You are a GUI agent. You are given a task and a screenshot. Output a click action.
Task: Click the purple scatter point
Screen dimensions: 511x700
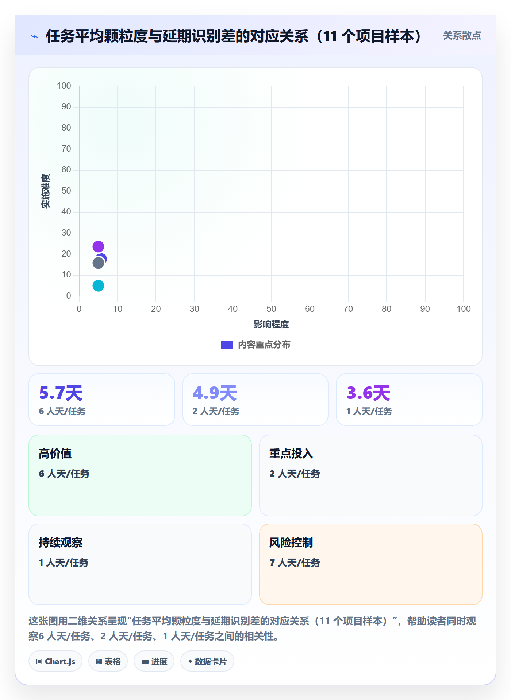coord(98,246)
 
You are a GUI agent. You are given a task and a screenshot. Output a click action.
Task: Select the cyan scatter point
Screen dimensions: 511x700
coord(98,285)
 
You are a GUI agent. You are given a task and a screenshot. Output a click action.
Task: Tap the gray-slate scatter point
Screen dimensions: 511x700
coord(98,263)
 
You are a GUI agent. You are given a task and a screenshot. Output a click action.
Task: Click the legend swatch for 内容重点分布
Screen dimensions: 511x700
coord(227,345)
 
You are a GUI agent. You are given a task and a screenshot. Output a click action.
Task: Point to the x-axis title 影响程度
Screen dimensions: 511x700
coord(271,324)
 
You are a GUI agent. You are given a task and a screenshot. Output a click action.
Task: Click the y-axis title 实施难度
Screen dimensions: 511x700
coord(46,191)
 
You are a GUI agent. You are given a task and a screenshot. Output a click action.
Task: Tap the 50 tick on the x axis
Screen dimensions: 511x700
coord(271,309)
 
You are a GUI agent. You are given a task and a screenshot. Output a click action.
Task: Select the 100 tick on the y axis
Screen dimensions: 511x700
coord(64,86)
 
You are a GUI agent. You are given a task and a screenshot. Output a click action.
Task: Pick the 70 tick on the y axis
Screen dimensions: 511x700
coord(66,149)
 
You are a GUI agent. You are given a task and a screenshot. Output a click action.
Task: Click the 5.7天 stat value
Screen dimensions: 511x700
coord(61,393)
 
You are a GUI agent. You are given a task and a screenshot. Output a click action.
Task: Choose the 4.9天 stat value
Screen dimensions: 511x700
coord(215,393)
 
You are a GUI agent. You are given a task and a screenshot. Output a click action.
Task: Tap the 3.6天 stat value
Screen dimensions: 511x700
coord(368,393)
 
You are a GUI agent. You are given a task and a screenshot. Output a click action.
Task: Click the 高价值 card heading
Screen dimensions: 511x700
coord(55,454)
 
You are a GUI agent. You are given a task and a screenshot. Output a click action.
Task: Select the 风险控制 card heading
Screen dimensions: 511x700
coord(291,542)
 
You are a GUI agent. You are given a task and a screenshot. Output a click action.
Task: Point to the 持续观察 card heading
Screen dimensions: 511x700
coord(61,542)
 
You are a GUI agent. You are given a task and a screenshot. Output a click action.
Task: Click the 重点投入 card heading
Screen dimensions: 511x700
coord(291,454)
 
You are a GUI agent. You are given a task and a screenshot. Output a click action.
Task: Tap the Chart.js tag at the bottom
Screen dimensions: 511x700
coord(55,661)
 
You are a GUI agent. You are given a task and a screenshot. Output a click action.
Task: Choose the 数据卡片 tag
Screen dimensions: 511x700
coord(207,661)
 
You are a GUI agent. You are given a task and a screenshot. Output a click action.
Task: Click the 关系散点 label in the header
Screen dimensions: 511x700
coord(462,35)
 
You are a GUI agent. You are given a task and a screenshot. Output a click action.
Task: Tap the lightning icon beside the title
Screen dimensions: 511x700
coord(35,36)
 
